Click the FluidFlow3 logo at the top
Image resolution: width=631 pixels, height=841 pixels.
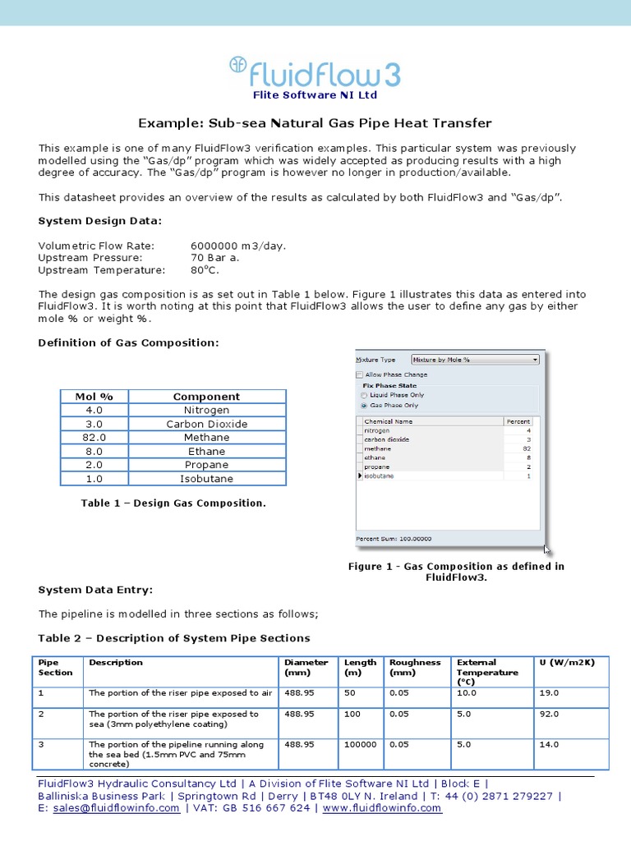(315, 73)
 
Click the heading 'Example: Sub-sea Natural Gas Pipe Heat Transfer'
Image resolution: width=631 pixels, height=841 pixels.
(315, 123)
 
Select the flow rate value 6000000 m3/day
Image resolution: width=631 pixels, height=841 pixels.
(238, 246)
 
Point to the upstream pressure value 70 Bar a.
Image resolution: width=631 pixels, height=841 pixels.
(216, 258)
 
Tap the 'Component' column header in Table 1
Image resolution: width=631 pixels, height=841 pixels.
(206, 397)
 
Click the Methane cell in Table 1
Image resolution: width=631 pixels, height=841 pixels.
(206, 438)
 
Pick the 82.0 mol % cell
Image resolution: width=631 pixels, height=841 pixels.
(94, 438)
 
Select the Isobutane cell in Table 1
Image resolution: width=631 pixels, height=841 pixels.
(206, 479)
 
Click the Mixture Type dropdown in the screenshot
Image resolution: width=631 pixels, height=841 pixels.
(475, 360)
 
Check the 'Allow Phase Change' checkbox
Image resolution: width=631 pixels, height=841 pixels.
(360, 375)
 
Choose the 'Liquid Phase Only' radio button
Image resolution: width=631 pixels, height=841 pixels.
(364, 395)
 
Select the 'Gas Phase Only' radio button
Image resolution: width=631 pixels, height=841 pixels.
(364, 406)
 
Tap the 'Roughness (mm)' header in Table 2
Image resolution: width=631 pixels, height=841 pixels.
(415, 668)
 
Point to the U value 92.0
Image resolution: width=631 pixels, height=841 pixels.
(549, 715)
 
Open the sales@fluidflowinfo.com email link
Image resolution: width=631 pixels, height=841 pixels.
(116, 808)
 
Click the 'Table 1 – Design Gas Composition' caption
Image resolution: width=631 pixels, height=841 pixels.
(173, 503)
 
